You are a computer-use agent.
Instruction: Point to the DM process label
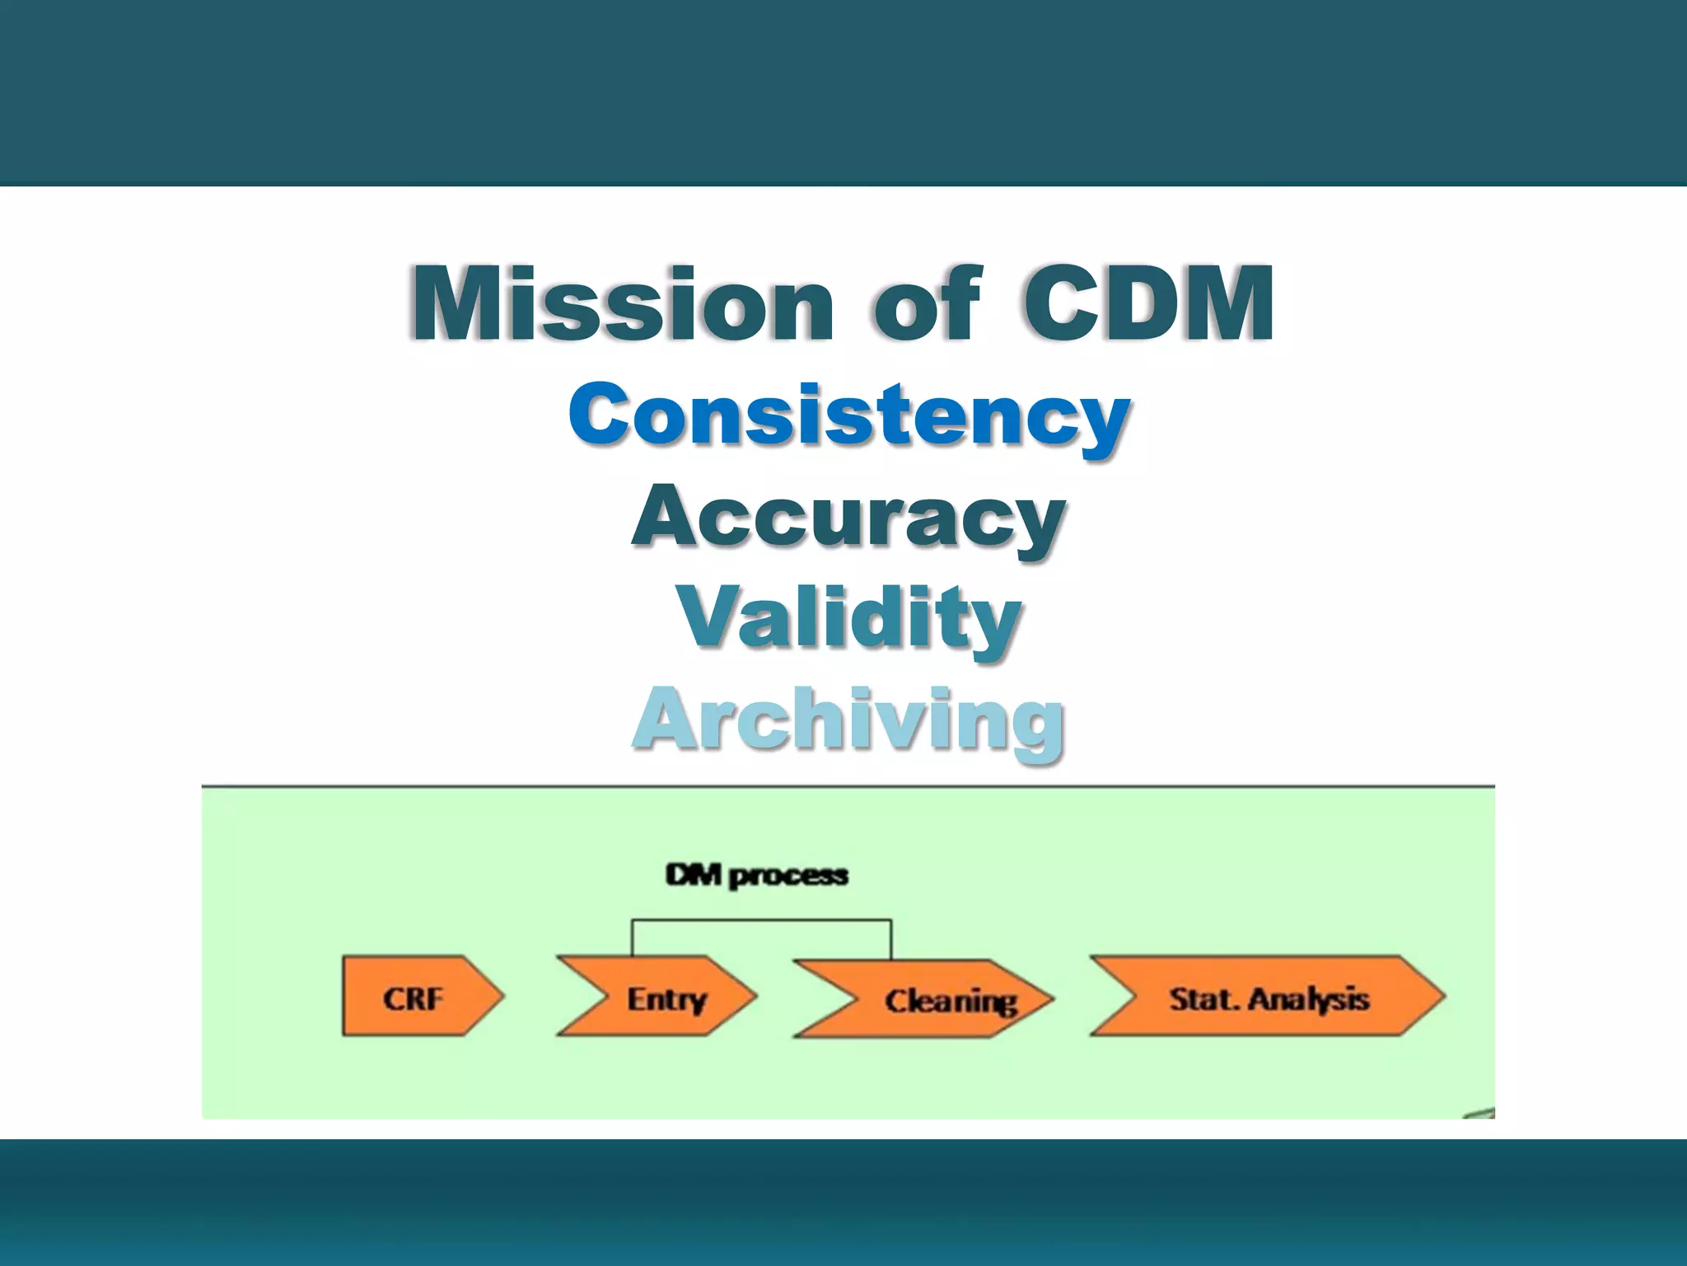click(756, 875)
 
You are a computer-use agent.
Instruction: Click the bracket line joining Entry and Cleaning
click(761, 921)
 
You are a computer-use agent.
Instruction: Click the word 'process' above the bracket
click(788, 876)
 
